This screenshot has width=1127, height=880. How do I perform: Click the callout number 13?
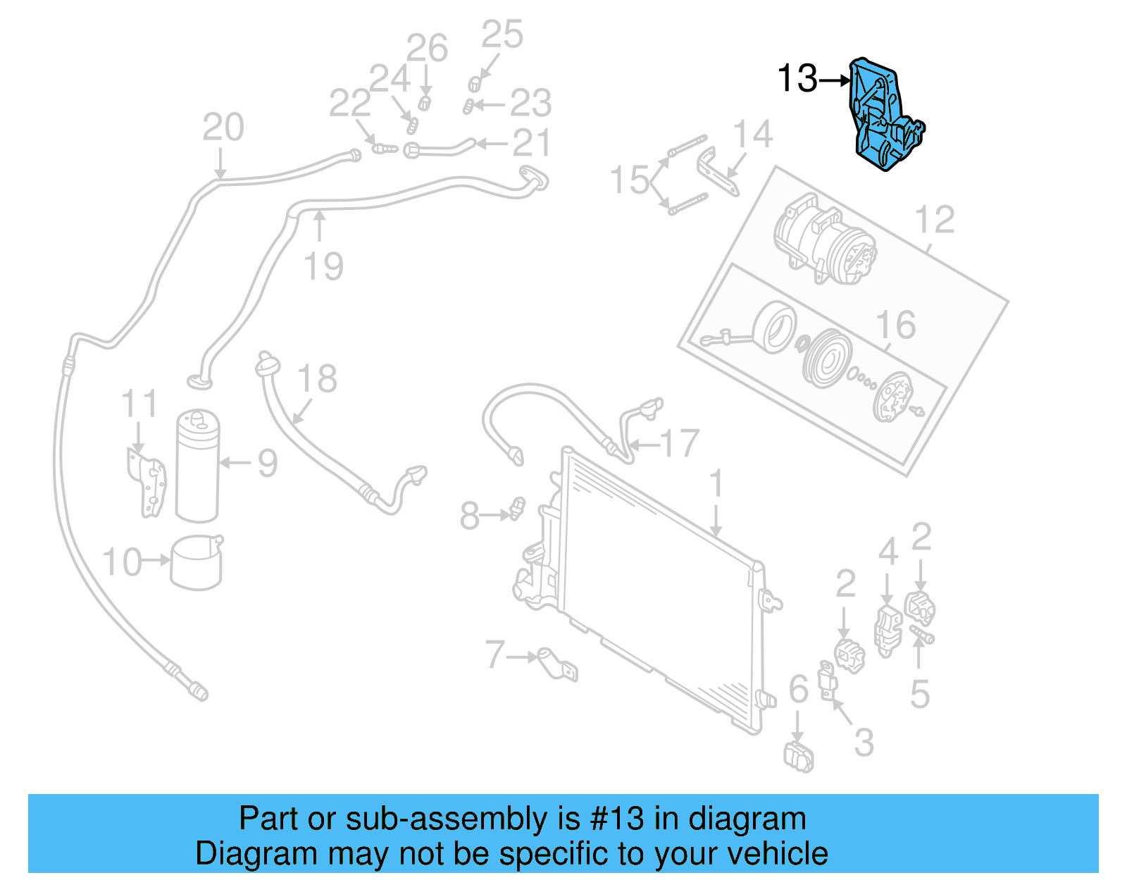[x=797, y=78]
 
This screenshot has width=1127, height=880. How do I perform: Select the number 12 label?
[x=934, y=220]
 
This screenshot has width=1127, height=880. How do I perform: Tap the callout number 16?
[x=895, y=325]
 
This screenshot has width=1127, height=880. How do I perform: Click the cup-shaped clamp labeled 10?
[x=197, y=563]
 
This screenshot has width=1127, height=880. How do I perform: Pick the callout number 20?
[x=223, y=128]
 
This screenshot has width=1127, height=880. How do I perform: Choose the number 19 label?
[x=323, y=266]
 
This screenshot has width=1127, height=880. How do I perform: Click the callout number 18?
[x=317, y=379]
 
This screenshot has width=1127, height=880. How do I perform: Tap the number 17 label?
[x=679, y=444]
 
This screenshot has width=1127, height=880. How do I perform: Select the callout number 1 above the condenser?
[x=716, y=485]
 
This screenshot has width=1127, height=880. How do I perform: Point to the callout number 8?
[x=469, y=516]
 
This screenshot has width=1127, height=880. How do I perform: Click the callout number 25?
[x=502, y=35]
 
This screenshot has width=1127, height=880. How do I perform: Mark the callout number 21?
[x=531, y=144]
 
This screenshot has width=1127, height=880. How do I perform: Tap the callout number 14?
[x=752, y=134]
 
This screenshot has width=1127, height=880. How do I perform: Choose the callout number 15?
[x=629, y=180]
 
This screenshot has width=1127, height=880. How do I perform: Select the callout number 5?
[x=920, y=694]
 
